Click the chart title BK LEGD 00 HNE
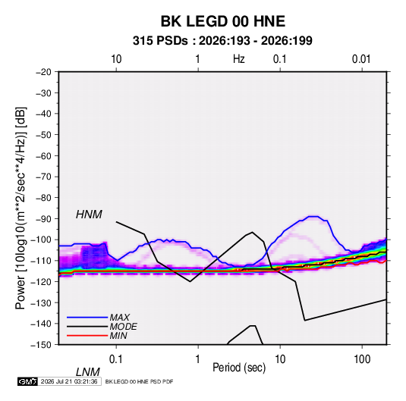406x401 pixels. (x=223, y=21)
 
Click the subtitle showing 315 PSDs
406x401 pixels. (x=222, y=41)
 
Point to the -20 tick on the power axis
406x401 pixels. (x=43, y=72)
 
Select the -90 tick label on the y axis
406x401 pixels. (x=43, y=219)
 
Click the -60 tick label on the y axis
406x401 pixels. (x=43, y=156)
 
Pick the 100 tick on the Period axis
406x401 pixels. (x=362, y=359)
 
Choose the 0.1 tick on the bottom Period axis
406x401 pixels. (x=116, y=359)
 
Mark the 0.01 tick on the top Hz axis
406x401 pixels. (x=361, y=59)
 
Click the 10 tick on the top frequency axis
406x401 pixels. (x=116, y=59)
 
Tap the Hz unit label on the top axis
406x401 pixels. (x=239, y=59)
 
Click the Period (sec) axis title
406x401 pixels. (x=239, y=368)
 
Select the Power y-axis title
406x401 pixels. (x=20, y=208)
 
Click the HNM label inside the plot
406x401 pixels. (x=89, y=215)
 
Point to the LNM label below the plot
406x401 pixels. (x=88, y=372)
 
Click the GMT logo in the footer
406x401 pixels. (x=28, y=381)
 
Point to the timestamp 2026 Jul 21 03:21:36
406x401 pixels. (x=69, y=381)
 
